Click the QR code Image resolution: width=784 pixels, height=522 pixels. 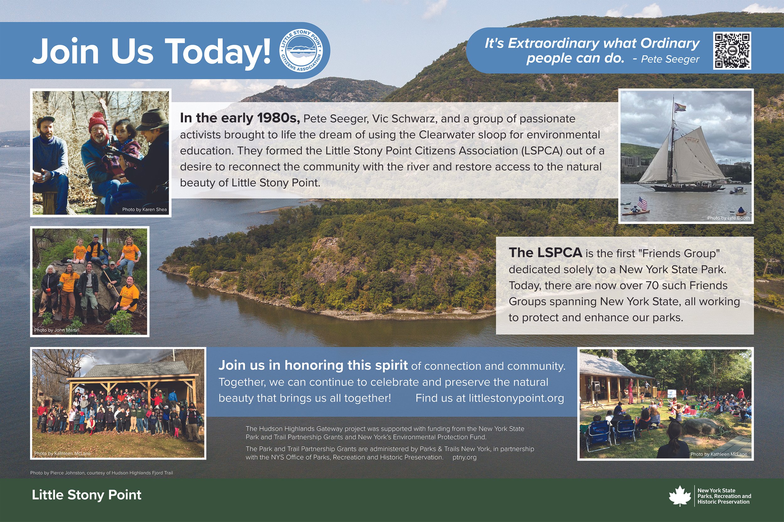(732, 51)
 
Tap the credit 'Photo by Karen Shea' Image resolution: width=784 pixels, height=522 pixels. (144, 209)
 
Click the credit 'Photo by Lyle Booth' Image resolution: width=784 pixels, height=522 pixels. (728, 218)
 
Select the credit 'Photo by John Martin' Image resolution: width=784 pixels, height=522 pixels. (57, 330)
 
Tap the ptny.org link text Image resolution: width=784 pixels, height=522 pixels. (464, 457)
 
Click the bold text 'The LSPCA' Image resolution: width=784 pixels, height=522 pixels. (545, 253)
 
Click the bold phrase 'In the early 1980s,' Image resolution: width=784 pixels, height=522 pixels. (240, 118)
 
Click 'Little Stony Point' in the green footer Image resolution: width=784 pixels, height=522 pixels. (87, 495)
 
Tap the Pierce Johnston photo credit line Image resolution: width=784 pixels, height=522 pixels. (101, 473)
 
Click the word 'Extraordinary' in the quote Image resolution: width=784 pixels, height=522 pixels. (553, 44)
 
